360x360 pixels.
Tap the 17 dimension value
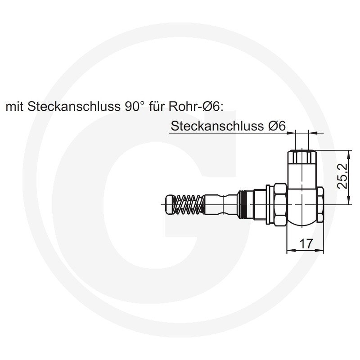coord(306,243)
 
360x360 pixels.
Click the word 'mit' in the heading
coord(14,107)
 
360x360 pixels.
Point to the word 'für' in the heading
coord(157,107)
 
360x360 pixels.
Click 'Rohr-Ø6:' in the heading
coord(196,107)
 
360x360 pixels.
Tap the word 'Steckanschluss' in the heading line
coord(74,107)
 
